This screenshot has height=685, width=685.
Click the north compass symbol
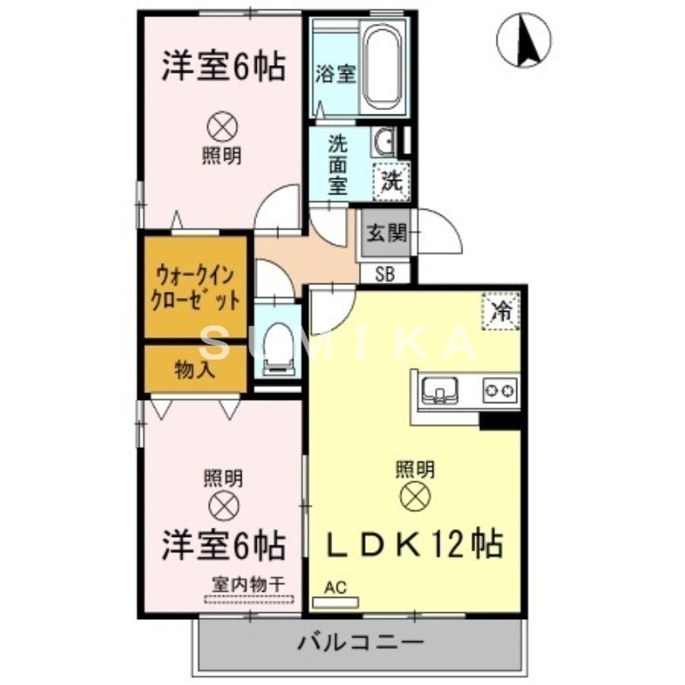(524, 39)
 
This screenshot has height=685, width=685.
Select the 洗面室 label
(338, 163)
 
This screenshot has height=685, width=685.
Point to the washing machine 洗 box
(391, 181)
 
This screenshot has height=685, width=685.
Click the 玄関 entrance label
(386, 232)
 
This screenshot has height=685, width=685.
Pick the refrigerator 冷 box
(499, 311)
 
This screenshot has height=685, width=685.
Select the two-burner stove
(500, 390)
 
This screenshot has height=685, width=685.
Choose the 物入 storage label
(195, 370)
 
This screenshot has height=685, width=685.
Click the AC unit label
(335, 587)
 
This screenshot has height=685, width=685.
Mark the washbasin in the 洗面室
(383, 141)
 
